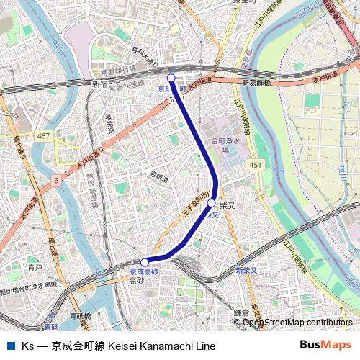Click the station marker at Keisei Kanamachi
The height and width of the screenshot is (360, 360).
click(x=171, y=77)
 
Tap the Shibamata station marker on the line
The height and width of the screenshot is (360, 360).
click(x=211, y=204)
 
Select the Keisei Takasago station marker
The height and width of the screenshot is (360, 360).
click(x=145, y=262)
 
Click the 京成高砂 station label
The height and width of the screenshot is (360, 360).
click(x=143, y=272)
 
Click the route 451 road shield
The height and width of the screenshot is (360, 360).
click(x=255, y=165)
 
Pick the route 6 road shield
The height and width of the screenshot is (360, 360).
click(x=56, y=181)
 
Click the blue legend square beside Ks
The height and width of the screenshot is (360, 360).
click(x=10, y=346)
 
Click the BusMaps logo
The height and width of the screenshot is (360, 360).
click(x=325, y=345)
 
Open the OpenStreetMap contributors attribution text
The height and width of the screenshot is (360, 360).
click(x=297, y=323)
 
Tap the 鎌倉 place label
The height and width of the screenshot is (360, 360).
click(x=240, y=312)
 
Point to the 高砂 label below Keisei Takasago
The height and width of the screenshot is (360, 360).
click(x=136, y=281)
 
